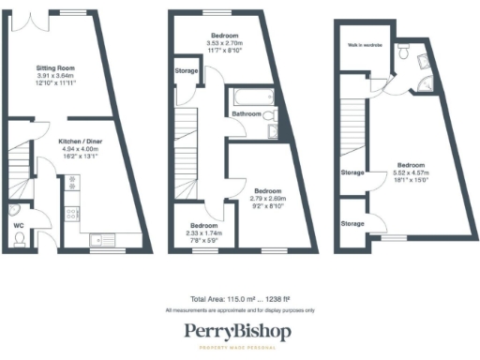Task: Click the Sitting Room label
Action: coord(55,68)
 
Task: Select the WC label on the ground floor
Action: coord(18,226)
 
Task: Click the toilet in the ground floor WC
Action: coord(20,239)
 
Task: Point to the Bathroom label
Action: coord(246,114)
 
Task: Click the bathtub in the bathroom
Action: coord(248,96)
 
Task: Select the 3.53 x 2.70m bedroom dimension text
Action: coord(223,43)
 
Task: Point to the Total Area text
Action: coord(239,297)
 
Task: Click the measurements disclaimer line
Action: coord(239,309)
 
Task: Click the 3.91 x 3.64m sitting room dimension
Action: coord(55,76)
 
